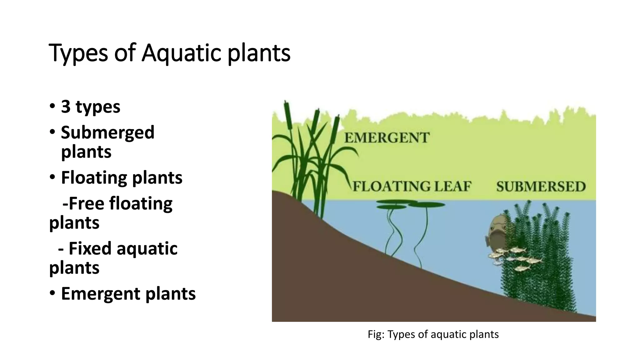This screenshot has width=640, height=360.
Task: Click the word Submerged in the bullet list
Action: (x=107, y=132)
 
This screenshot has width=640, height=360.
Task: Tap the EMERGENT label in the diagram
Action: (x=387, y=138)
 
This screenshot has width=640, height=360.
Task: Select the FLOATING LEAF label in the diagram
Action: (x=412, y=186)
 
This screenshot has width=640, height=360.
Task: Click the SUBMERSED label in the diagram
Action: (x=541, y=187)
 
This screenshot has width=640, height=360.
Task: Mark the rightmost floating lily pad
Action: (x=427, y=205)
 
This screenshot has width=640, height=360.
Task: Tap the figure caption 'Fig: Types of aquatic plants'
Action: (x=433, y=334)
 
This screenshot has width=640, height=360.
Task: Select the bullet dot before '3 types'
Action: (x=52, y=106)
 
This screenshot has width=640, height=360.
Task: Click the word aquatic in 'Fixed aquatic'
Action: (x=147, y=248)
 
